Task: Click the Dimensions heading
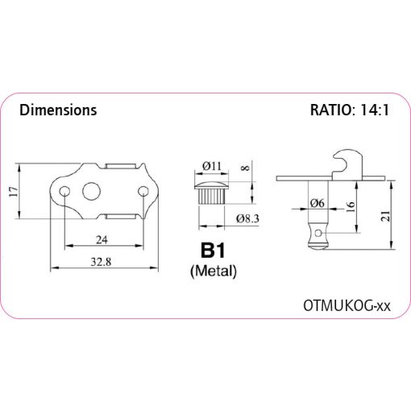[58, 110]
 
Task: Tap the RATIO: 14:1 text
[350, 110]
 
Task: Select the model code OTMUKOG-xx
[347, 305]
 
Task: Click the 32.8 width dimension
[101, 262]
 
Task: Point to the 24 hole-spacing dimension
[102, 239]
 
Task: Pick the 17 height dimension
[14, 192]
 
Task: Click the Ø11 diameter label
[212, 166]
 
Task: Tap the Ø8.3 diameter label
[247, 218]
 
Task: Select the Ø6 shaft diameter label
[318, 203]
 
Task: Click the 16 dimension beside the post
[351, 207]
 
